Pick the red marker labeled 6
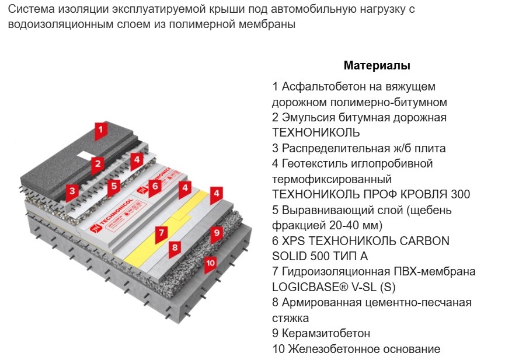pos(154,187)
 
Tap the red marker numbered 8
pos(173,248)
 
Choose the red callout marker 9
pos(216,233)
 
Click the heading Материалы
pos(377,65)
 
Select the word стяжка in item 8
pos(291,318)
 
